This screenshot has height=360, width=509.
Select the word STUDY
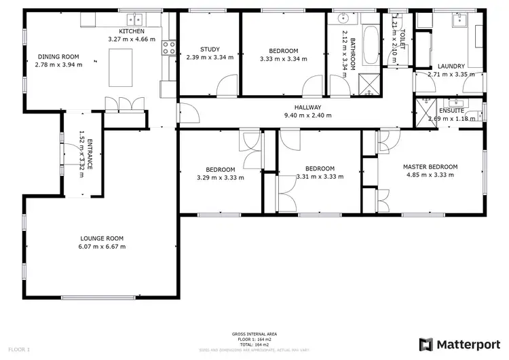210,49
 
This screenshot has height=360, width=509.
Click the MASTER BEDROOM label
430,166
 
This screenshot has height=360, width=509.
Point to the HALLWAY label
307,107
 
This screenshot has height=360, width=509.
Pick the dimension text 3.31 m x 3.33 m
320,177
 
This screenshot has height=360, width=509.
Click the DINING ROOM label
58,57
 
